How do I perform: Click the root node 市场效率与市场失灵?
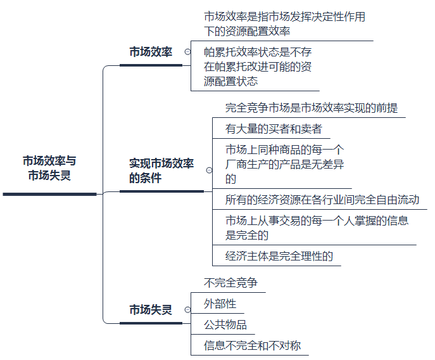point(50,168)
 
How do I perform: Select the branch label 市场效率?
point(150,52)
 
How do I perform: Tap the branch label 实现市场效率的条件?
point(161,170)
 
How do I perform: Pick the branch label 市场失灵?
point(150,310)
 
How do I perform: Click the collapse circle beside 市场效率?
point(187,52)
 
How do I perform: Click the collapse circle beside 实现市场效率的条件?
point(208,170)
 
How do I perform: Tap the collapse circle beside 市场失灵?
point(187,310)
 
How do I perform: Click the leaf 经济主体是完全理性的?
point(279,255)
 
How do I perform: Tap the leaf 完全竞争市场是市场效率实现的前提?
point(311,108)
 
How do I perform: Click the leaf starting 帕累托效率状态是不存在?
point(257,66)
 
